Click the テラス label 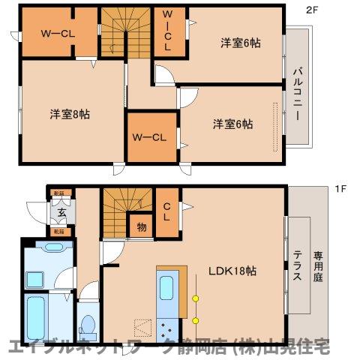(297, 265)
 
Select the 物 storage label (139, 226)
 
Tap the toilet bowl (87, 325)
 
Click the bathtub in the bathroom (36, 318)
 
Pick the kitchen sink (166, 287)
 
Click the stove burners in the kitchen (166, 326)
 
